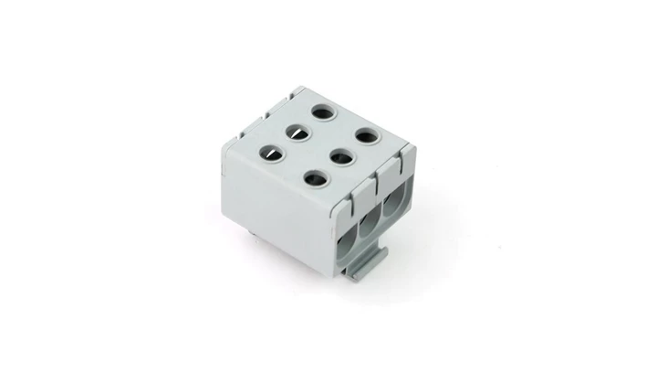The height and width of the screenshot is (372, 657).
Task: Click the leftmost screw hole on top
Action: tap(271, 153)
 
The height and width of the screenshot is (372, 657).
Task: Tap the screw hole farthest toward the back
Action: tap(322, 113)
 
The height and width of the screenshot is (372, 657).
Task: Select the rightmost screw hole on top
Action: tap(365, 136)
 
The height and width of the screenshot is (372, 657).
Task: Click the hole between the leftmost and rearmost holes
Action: tap(297, 133)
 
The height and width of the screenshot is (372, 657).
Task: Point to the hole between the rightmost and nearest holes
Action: tap(340, 155)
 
